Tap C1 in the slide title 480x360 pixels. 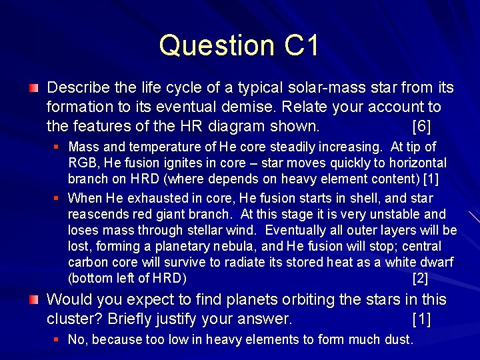302,45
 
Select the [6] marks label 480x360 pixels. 422,126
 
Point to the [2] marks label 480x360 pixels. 421,278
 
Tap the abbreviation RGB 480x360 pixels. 82,163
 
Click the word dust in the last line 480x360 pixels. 397,339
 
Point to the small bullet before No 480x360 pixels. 56,340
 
